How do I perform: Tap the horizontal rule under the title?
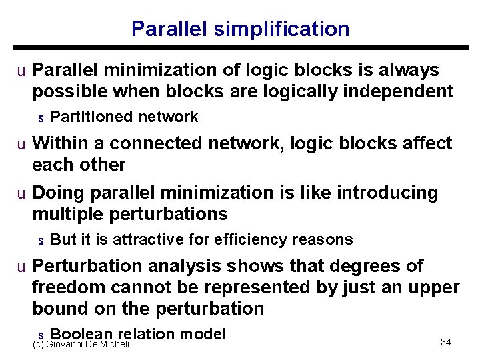[240, 48]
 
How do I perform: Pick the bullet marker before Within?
[22, 144]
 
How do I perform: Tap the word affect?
[423, 143]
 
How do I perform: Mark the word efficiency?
[245, 240]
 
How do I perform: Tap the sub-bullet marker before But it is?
[41, 241]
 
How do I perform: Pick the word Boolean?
[81, 334]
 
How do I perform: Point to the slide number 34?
[446, 342]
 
